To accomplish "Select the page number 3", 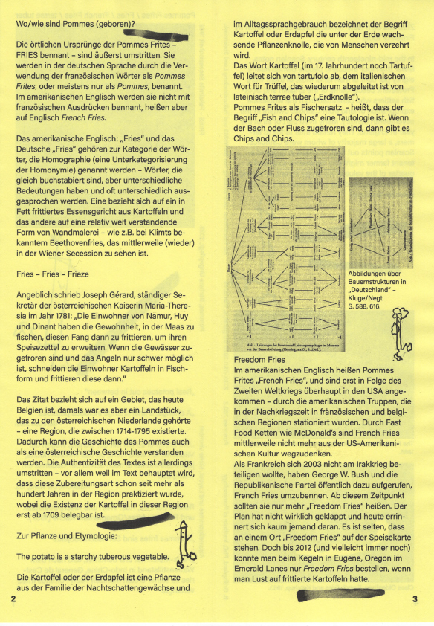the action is (414, 598).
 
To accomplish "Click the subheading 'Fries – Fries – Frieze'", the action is (55, 274).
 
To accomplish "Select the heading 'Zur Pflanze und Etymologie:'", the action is (69, 535).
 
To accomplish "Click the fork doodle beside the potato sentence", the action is (184, 540).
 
